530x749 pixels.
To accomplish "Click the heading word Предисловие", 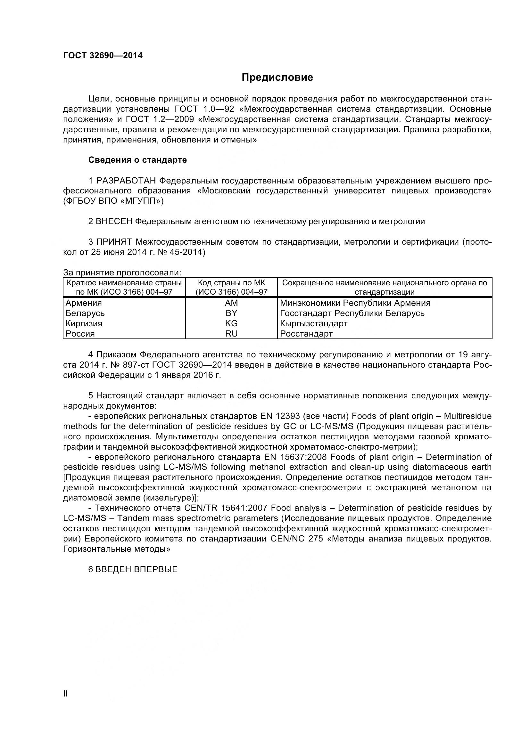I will point(277,77).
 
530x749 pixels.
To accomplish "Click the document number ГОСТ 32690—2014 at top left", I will point(103,55).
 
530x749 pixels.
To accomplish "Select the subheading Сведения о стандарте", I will point(137,160).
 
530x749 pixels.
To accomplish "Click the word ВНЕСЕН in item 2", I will point(114,222).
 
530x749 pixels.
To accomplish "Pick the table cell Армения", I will point(84,303).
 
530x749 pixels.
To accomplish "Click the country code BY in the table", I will point(231,313).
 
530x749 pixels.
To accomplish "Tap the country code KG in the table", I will point(231,323).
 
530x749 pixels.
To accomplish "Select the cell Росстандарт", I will point(306,334).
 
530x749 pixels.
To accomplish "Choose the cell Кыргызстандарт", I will point(314,323).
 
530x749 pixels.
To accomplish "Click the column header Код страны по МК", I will point(231,283).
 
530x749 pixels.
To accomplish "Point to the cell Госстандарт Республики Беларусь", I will point(352,313).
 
